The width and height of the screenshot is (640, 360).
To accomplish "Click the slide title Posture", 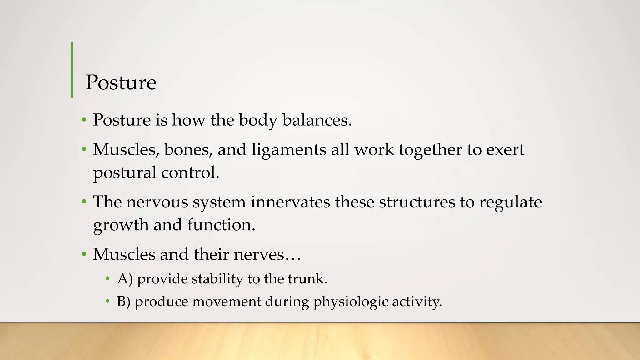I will [121, 82].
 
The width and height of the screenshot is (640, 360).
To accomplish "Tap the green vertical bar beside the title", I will [72, 70].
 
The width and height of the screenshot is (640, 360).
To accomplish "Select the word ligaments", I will [289, 150].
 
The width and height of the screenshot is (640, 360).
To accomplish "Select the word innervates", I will [290, 202].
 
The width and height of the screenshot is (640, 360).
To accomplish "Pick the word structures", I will [417, 202].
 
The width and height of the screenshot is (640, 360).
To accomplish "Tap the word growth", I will [121, 225].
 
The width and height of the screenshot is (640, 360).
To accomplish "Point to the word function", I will [221, 225].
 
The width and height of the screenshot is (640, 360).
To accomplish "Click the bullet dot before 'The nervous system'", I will [84, 202].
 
